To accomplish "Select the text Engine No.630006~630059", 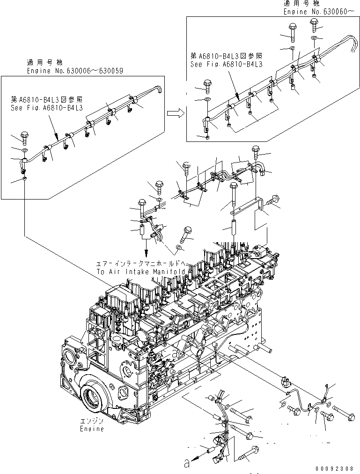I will (x=75, y=71).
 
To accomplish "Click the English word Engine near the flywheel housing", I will (x=92, y=429).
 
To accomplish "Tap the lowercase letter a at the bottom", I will (x=187, y=464).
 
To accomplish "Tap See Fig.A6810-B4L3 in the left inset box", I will (x=47, y=108).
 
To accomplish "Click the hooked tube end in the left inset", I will (x=158, y=88).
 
